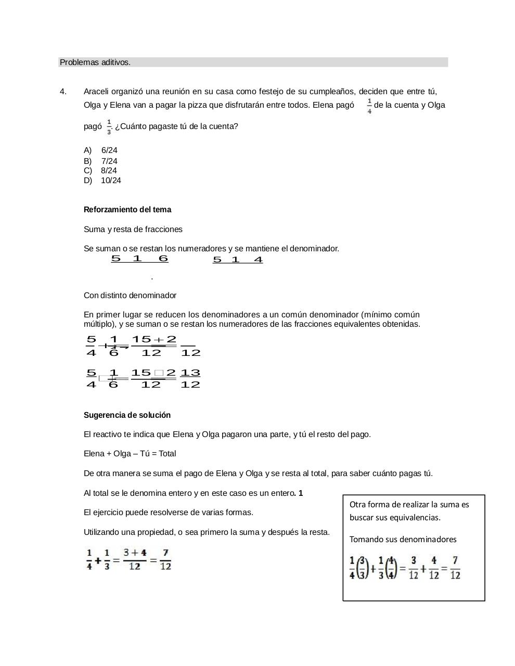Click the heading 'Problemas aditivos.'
(95, 62)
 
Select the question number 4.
(63, 92)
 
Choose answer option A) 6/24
(101, 150)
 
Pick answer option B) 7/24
(101, 161)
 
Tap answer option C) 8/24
(100, 171)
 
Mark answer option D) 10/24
(102, 181)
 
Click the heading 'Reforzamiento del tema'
(127, 210)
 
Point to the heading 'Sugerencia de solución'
(127, 415)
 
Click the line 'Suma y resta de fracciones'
(133, 229)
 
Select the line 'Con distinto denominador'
(130, 296)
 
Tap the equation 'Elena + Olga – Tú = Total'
(130, 454)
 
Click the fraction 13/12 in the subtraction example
(190, 379)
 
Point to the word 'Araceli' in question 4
(97, 92)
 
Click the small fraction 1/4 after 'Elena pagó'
(369, 106)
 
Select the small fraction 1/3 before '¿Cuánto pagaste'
(109, 126)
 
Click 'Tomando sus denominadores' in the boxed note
(403, 540)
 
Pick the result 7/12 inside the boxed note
(455, 568)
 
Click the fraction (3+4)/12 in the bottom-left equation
(135, 559)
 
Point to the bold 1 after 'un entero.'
(301, 493)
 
